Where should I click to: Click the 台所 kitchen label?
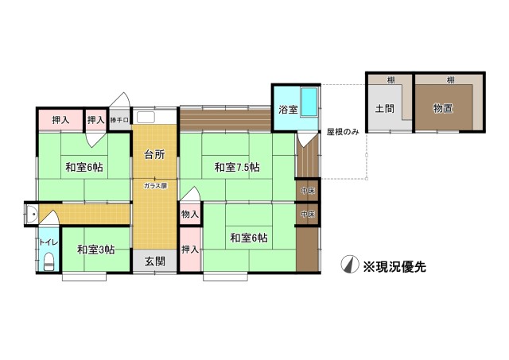154,155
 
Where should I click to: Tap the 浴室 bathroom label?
288,110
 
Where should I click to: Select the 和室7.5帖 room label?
238,167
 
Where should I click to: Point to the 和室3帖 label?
96,250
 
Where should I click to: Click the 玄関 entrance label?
155,261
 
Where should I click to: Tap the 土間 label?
386,108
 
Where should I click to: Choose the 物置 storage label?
444,108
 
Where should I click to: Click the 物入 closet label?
190,215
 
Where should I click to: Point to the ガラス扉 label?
155,186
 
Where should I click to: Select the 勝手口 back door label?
119,120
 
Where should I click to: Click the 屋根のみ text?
343,130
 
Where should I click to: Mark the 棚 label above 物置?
450,80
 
